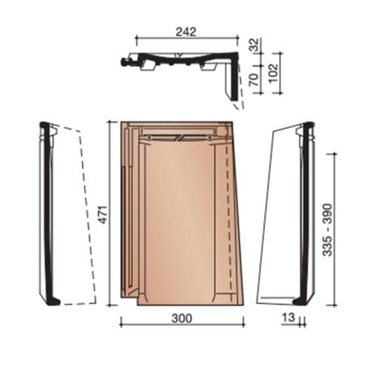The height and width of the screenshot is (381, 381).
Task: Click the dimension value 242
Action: tap(186, 32)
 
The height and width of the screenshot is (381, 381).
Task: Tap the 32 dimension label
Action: tap(254, 45)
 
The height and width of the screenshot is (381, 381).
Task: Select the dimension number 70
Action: tap(254, 79)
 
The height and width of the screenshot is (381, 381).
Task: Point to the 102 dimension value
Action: tap(273, 73)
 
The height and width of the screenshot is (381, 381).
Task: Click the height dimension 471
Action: tap(103, 215)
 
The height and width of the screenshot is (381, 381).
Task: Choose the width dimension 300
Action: tap(182, 318)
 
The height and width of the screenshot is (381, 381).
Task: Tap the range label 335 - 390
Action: tap(327, 229)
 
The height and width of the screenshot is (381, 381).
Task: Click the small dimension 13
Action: tap(289, 318)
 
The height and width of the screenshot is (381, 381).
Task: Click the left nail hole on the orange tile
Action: tap(148, 138)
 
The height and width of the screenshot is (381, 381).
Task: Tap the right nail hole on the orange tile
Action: tap(210, 138)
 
